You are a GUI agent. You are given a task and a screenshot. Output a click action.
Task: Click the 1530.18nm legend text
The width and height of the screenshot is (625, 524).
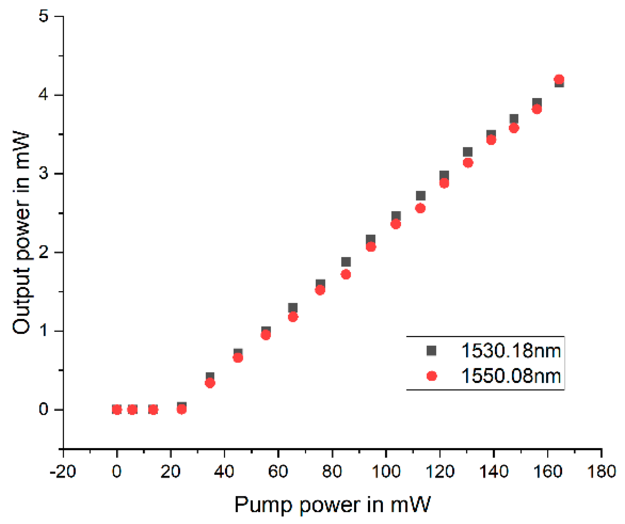point(511,351)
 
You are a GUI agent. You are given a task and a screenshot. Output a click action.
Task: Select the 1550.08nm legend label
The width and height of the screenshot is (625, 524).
point(511,376)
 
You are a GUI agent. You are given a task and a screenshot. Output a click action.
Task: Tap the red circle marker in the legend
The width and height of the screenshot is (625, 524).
point(432,376)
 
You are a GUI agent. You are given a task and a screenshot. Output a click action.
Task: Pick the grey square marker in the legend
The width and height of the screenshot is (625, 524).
point(431,351)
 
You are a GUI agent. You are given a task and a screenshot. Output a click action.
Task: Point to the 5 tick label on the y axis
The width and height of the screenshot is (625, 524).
point(44,16)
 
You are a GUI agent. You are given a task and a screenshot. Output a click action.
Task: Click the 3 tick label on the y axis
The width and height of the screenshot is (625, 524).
point(44,173)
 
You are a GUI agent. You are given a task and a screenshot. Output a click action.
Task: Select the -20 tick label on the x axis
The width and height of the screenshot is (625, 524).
point(63,472)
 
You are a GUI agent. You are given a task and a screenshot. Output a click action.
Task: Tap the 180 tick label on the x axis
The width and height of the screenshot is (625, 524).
point(601,472)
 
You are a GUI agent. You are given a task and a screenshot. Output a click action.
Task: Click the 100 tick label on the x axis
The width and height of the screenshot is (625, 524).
point(386,472)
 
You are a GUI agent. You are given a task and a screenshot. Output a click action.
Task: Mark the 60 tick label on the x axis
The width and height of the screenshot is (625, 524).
point(278,472)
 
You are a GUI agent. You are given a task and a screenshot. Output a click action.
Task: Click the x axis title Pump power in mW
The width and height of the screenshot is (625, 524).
point(332,505)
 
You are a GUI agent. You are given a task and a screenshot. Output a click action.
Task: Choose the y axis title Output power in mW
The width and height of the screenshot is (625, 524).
point(21,233)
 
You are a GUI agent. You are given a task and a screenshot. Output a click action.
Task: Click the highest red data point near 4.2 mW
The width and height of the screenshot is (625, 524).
point(559,79)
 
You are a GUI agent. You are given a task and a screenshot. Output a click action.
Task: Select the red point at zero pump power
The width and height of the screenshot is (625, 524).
point(117,409)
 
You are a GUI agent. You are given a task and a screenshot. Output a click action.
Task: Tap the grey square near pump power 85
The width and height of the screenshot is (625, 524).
point(346,262)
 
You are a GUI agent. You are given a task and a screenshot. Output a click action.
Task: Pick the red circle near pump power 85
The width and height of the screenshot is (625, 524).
point(346,275)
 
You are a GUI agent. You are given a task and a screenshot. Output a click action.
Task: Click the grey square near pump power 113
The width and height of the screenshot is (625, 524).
point(421,196)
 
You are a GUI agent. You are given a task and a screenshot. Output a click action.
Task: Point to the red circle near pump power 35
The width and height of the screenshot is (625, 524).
point(210,383)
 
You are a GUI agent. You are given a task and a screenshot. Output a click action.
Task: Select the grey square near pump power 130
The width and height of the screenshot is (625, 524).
point(468,152)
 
